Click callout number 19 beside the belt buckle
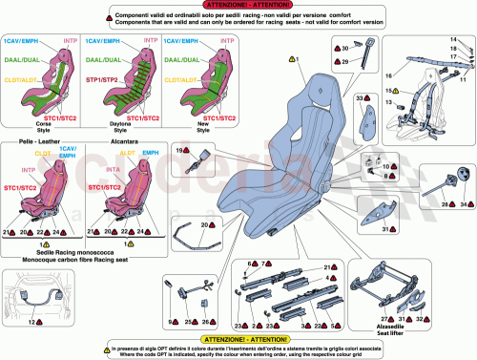[x=179, y=151]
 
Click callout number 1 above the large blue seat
[x=297, y=59]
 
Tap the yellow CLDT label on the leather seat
[x=44, y=153]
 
